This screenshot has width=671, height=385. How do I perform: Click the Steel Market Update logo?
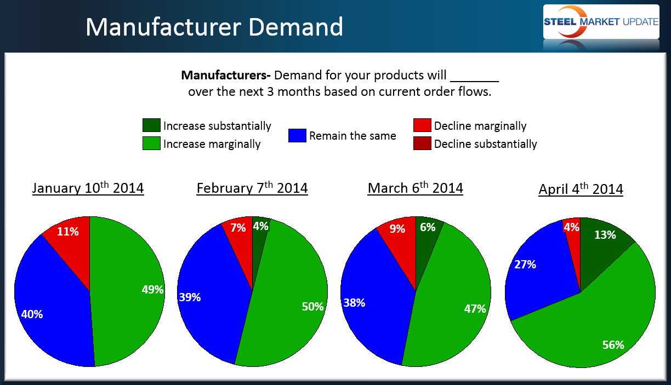tap(601, 22)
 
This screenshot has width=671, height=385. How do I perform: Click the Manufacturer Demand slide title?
tap(214, 27)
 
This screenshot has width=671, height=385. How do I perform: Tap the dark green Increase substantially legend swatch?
tap(151, 125)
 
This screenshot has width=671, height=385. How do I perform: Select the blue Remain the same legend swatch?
tap(297, 135)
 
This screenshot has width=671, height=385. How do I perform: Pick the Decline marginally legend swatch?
tap(422, 125)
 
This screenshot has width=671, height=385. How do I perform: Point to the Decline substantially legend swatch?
tap(422, 143)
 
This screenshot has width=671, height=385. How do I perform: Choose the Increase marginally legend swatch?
tap(151, 143)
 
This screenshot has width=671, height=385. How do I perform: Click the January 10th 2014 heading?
tap(88, 188)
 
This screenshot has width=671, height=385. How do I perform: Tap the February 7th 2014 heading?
tap(252, 188)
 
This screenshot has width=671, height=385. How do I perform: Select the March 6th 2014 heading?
tap(415, 188)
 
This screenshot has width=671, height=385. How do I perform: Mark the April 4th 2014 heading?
tap(581, 189)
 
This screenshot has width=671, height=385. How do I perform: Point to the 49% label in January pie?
tap(152, 290)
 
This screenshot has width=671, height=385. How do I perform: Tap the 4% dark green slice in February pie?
tap(260, 227)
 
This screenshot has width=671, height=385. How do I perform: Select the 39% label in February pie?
tap(190, 297)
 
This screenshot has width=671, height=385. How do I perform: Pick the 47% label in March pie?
tap(475, 308)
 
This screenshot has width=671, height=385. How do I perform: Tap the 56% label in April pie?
tap(613, 344)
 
